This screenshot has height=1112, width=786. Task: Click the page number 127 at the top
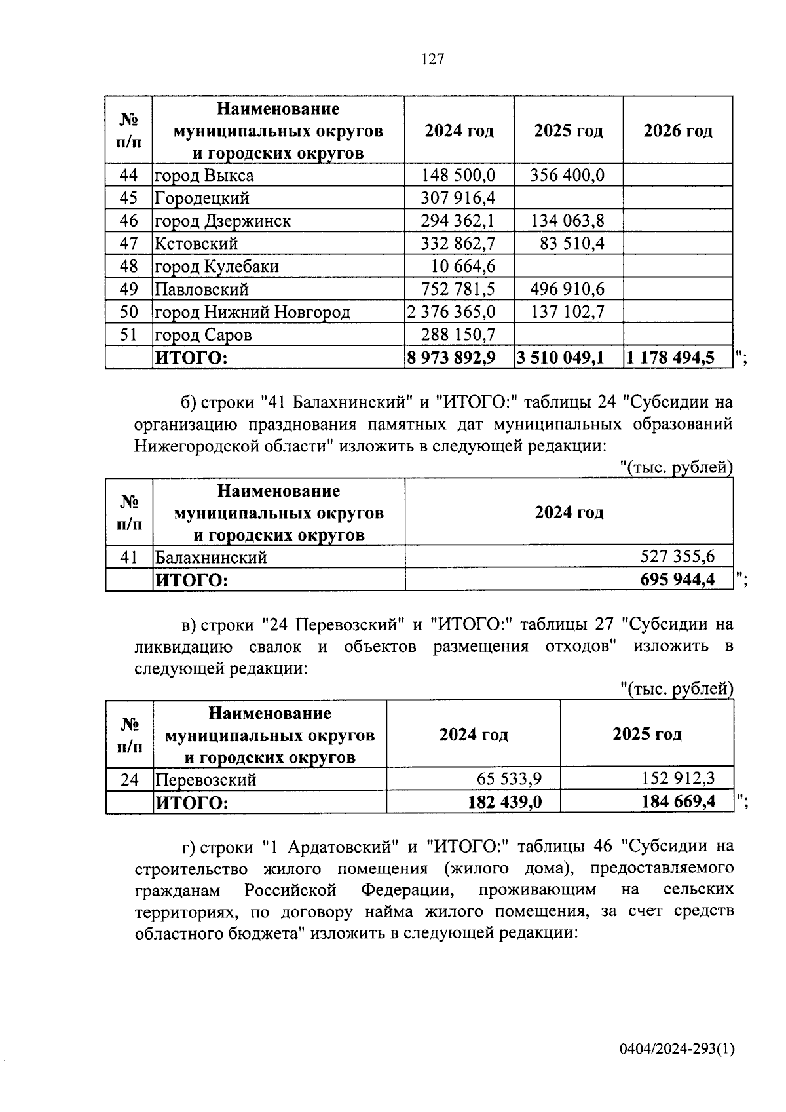432,60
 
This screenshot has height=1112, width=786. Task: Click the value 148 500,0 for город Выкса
458,175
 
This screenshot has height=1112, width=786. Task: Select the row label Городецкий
202,198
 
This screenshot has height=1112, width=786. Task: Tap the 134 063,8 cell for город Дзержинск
567,221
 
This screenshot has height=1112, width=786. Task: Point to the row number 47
129,244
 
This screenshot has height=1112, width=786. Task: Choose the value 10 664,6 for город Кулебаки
463,267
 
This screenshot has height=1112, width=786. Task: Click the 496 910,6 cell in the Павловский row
567,289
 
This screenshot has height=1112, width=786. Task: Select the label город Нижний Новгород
252,312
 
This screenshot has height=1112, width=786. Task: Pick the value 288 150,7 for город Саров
458,335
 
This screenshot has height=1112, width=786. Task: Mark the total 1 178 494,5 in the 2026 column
670,358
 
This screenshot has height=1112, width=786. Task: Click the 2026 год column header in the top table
677,130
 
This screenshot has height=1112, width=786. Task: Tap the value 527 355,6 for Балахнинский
677,557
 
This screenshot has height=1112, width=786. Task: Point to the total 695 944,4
677,580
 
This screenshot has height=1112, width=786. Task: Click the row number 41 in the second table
129,557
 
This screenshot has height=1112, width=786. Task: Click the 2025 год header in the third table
646,734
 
